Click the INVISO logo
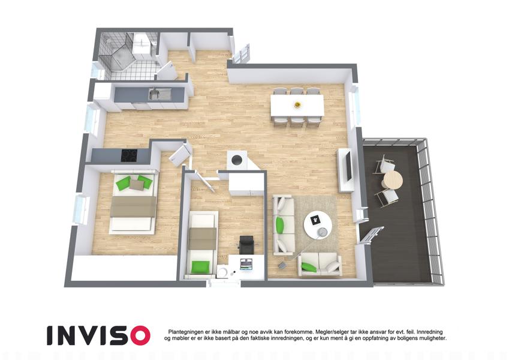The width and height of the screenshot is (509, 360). click(x=98, y=335)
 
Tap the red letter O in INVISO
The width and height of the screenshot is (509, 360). click(x=138, y=335)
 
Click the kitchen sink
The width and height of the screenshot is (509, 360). click(x=159, y=94)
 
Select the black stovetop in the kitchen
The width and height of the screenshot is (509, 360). click(x=129, y=155)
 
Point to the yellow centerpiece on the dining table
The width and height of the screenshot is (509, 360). click(x=297, y=104)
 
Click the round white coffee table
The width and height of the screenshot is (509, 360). click(x=318, y=225)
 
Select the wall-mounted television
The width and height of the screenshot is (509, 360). click(x=348, y=167)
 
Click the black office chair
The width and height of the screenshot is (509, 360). click(x=247, y=244)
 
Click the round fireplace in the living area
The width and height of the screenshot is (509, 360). click(x=237, y=160)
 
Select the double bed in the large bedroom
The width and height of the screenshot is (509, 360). click(x=134, y=202)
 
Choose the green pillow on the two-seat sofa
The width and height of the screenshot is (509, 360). click(x=309, y=267)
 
